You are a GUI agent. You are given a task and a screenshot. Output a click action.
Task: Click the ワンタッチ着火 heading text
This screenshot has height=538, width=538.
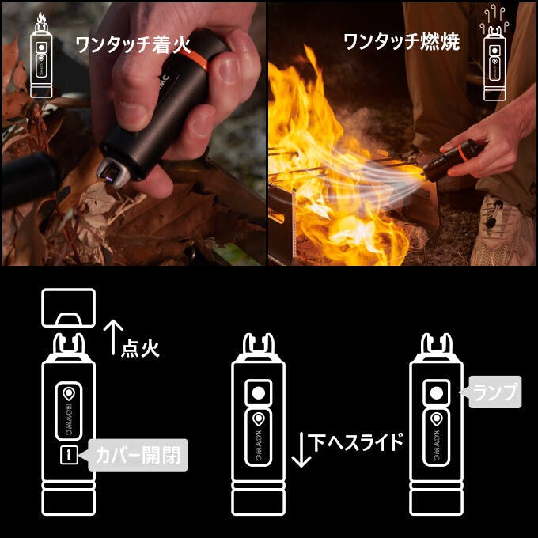pos(133,44)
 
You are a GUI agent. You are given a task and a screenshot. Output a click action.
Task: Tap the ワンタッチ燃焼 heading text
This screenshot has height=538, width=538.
pos(401,42)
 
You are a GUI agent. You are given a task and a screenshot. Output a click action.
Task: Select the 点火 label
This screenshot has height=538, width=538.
pos(140,349)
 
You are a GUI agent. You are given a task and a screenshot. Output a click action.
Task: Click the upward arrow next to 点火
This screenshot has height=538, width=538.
pos(113,337)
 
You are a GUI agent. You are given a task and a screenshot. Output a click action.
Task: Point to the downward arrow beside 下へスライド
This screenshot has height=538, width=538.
pos(301,449)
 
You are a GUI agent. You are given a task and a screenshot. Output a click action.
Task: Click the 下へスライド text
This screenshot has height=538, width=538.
pos(356,442)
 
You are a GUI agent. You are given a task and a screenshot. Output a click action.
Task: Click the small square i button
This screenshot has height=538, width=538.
pos(69,455)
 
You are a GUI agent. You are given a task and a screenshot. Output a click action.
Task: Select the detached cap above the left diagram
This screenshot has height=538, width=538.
pos(68,308)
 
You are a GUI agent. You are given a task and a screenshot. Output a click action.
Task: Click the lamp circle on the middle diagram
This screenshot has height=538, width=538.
pos(259,392)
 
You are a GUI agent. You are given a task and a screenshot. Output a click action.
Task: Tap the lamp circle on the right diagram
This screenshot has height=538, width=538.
pos(436,392)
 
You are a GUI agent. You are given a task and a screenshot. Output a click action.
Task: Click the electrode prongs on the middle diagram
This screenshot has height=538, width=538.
pos(259,343)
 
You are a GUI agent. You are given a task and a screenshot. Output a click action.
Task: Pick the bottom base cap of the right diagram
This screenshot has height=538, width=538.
pos(436,502)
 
